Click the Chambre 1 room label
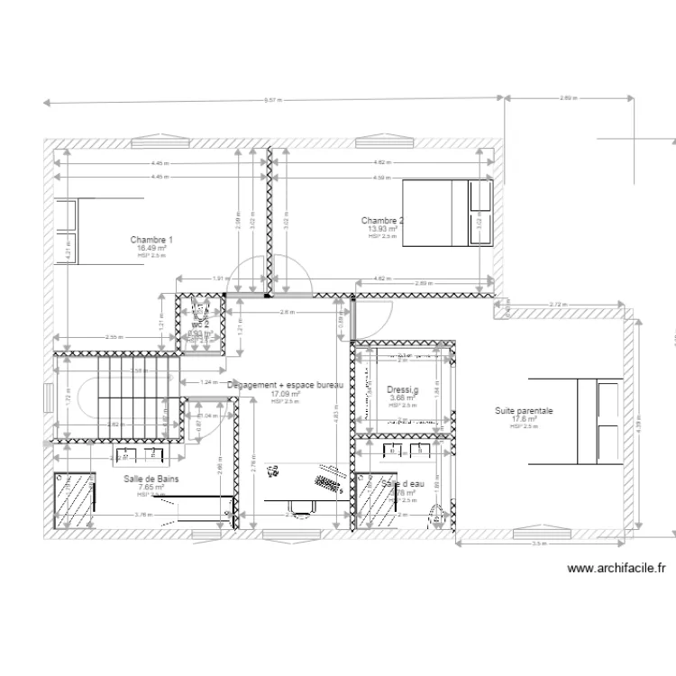click(x=151, y=240)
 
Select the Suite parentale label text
click(x=524, y=411)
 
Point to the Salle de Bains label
click(x=151, y=479)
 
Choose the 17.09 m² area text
click(x=285, y=394)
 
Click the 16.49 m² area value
click(x=151, y=248)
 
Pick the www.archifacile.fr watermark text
click(x=617, y=569)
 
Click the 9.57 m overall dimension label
click(x=275, y=100)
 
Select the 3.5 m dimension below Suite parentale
click(x=538, y=544)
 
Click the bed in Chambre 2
click(x=448, y=212)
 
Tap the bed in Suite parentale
click(x=598, y=420)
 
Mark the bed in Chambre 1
click(x=66, y=232)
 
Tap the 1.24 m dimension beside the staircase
click(x=209, y=382)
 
